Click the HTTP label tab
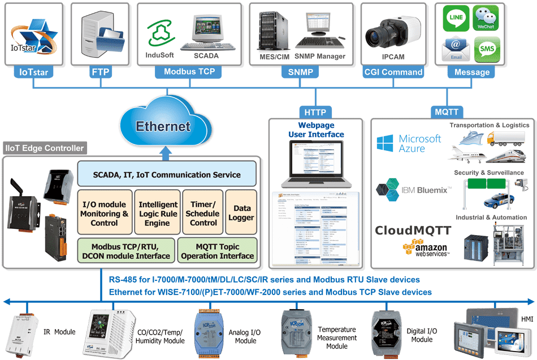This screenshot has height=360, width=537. coord(313,111)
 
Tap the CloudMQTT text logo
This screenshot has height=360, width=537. coord(413,231)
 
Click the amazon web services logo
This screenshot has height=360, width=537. coord(425,249)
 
